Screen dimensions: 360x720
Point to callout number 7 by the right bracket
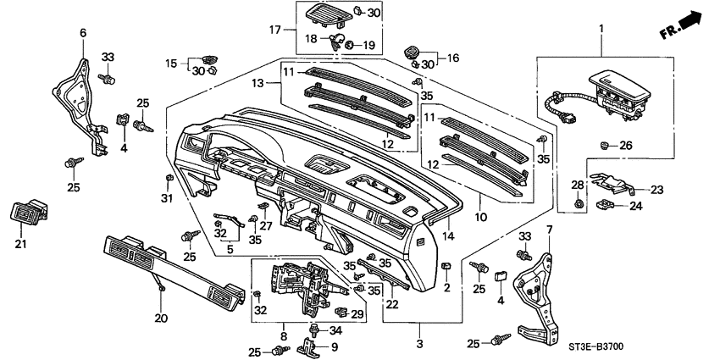pyautogui.click(x=548, y=230)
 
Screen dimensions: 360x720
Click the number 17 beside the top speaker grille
pyautogui.click(x=274, y=30)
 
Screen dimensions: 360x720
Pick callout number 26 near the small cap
pyautogui.click(x=625, y=145)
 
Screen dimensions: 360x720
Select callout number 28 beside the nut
pyautogui.click(x=577, y=185)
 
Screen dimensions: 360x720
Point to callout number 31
pyautogui.click(x=166, y=198)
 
